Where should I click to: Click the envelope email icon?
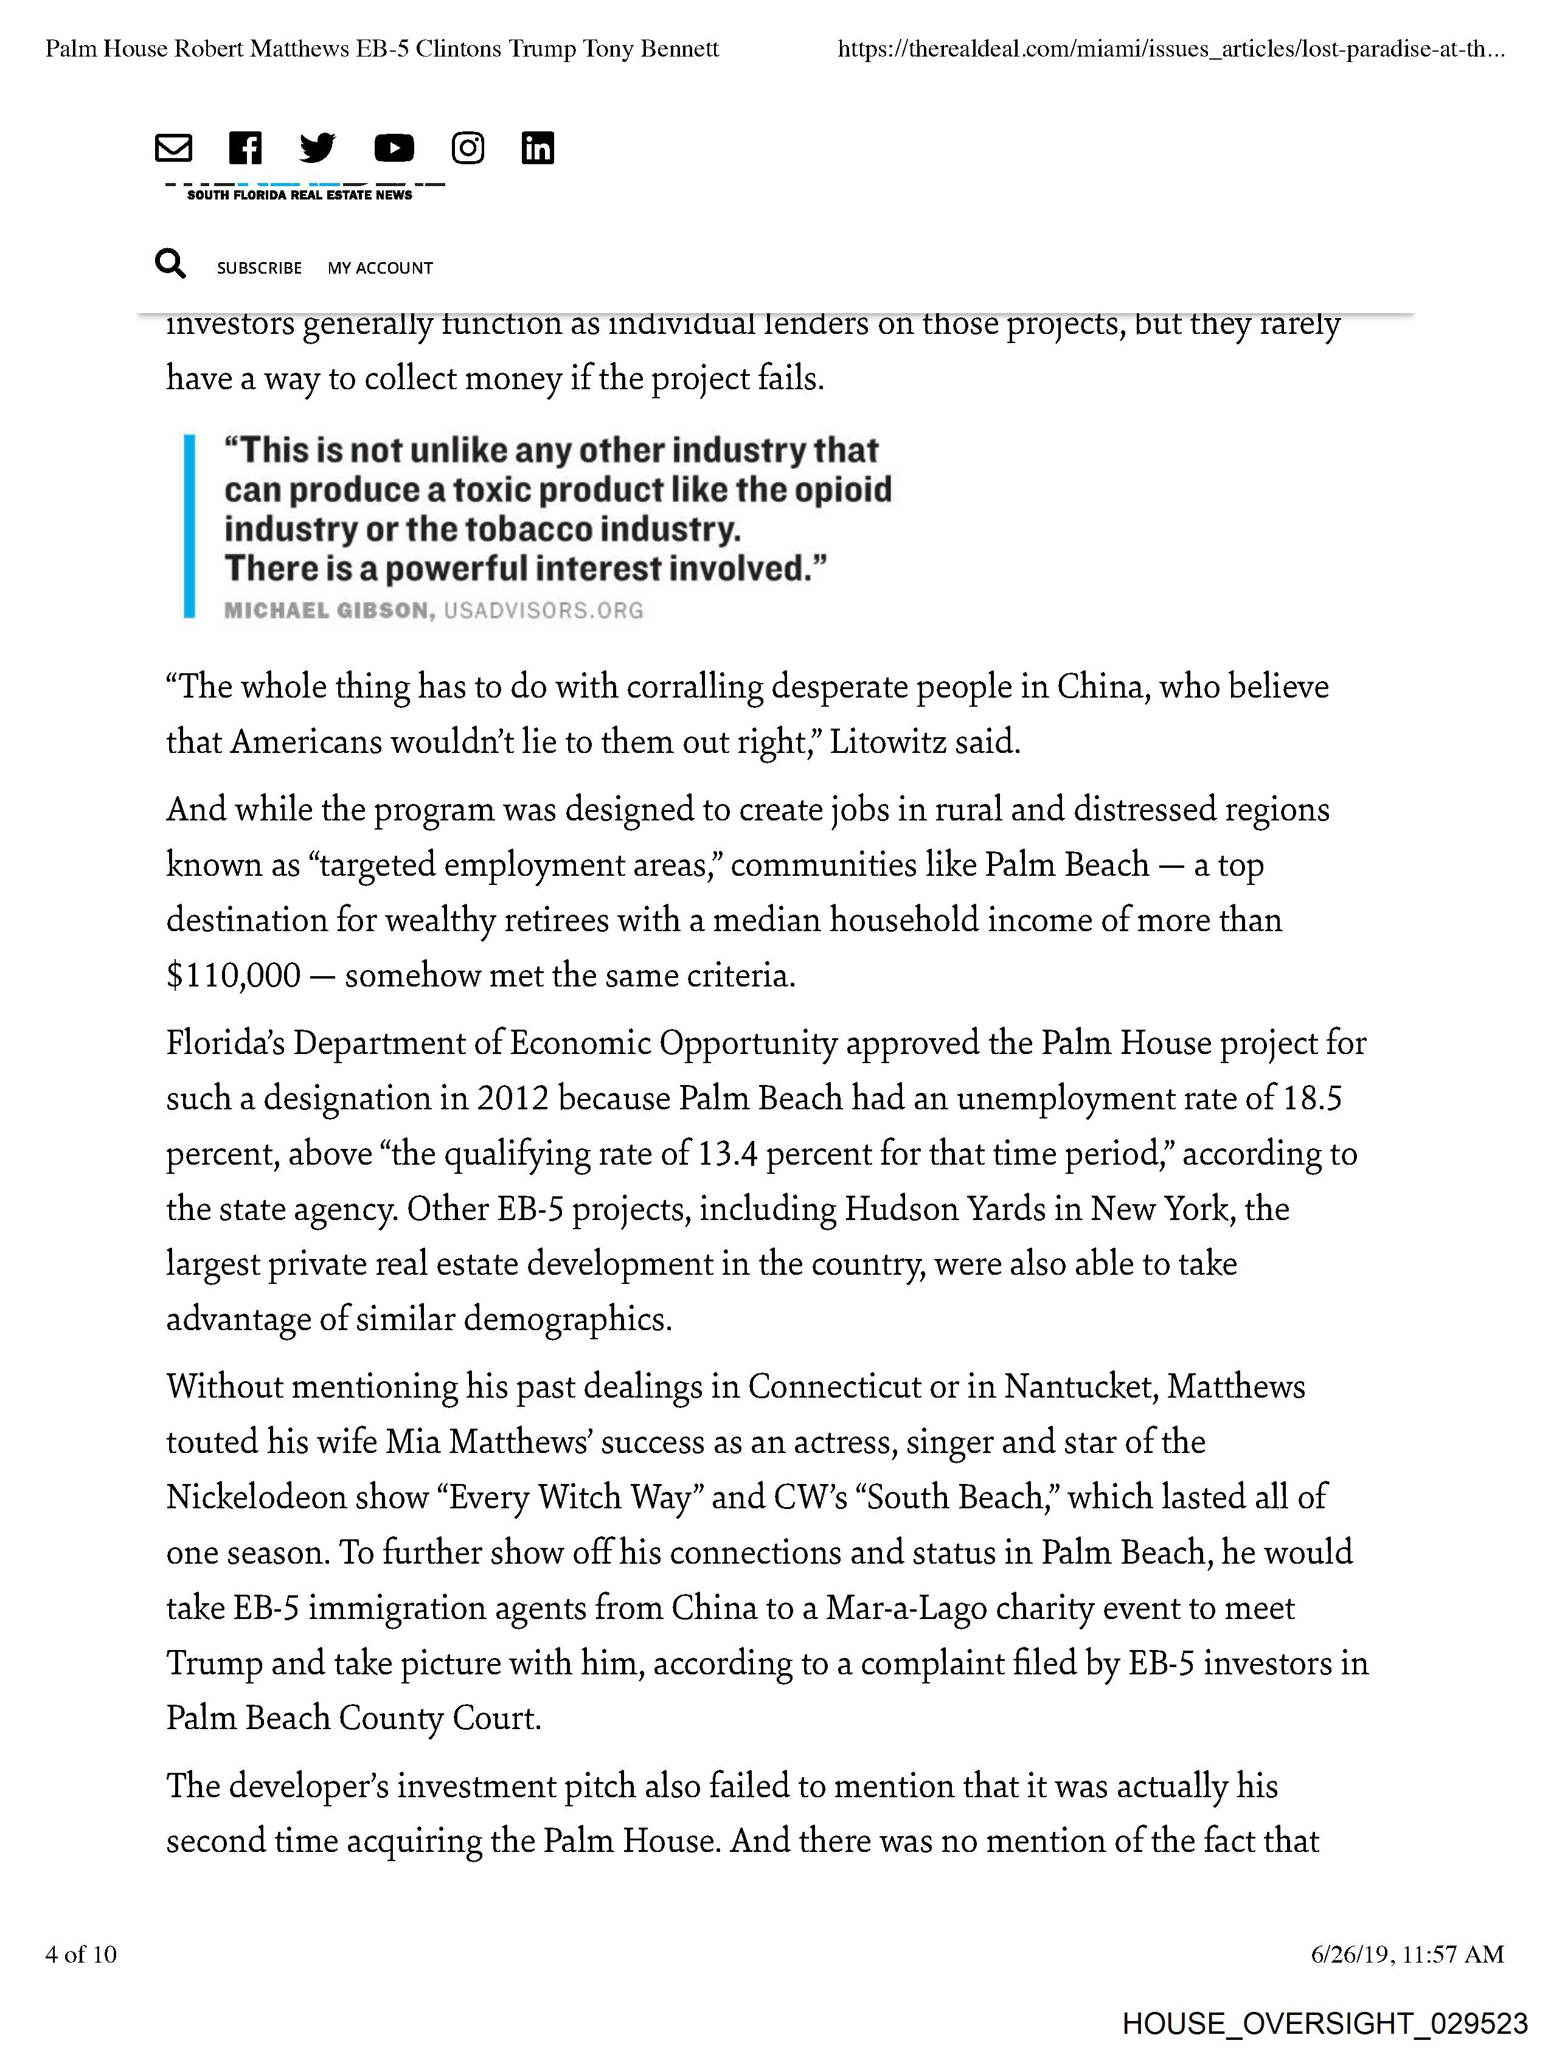click(x=173, y=148)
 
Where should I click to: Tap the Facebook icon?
click(x=246, y=148)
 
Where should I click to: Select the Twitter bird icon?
click(x=317, y=148)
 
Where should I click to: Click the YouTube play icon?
click(x=394, y=148)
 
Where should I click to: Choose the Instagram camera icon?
click(x=468, y=148)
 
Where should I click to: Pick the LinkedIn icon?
click(x=538, y=148)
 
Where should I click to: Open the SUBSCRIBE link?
click(x=260, y=268)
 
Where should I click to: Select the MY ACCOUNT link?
click(x=380, y=268)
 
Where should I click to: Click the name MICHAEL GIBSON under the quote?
click(x=328, y=611)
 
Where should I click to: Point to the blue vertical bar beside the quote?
click(x=189, y=525)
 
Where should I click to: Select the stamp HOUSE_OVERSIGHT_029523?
click(x=1325, y=2023)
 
